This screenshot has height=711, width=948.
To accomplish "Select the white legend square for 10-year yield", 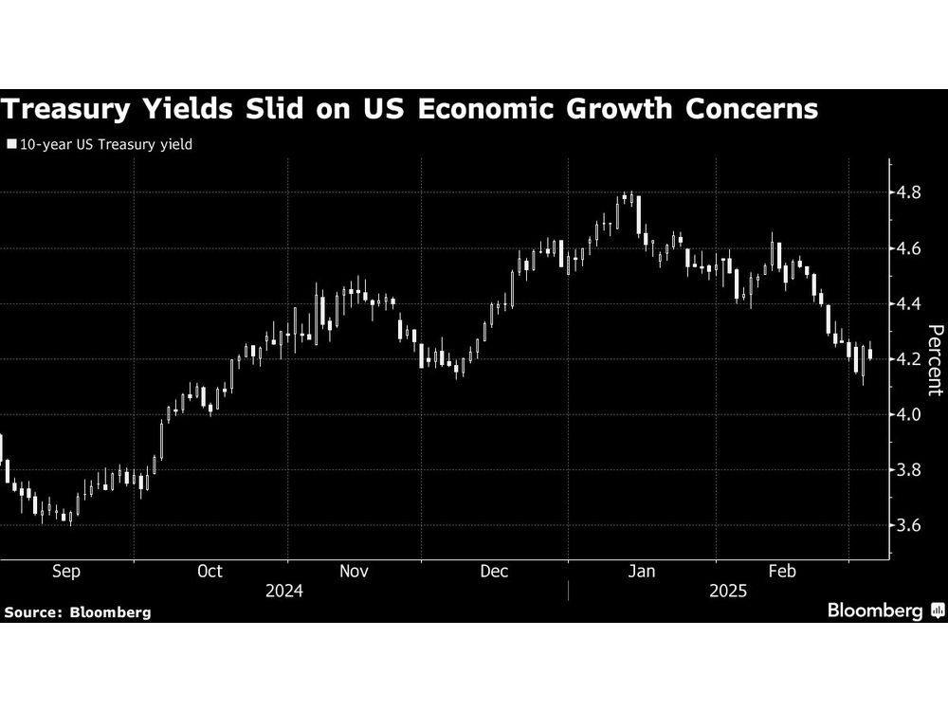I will (x=10, y=146).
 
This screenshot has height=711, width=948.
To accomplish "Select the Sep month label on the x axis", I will (x=65, y=572).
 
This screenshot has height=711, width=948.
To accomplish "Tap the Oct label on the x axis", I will (x=210, y=572).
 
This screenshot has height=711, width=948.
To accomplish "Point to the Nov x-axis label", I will (x=353, y=572).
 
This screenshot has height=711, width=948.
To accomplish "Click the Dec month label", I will (x=494, y=572).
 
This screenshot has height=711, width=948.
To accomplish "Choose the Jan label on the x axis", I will (x=642, y=572).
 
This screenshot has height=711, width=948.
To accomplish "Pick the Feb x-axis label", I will (x=781, y=572).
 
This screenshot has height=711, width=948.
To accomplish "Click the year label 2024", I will (x=284, y=592).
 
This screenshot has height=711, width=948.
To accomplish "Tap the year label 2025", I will (x=727, y=592).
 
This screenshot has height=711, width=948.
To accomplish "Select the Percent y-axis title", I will (x=935, y=359).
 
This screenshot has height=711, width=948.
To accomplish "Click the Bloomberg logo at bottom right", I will (x=883, y=611).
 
